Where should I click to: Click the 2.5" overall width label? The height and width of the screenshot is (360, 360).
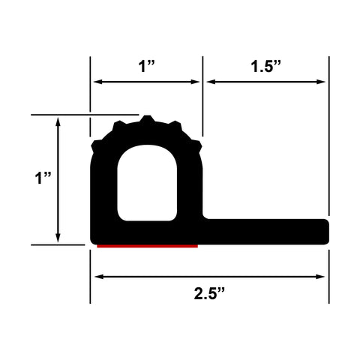point(209,293)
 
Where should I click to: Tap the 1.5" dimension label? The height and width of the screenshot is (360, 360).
point(266,66)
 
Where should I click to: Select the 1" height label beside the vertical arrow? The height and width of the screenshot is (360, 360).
point(43,178)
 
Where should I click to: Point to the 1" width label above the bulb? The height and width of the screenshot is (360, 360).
point(147,66)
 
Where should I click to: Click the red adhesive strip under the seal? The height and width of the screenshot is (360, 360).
point(147,246)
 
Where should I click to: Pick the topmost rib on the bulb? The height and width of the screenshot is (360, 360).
point(147,118)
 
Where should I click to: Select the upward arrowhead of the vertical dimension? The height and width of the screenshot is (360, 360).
point(58,121)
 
